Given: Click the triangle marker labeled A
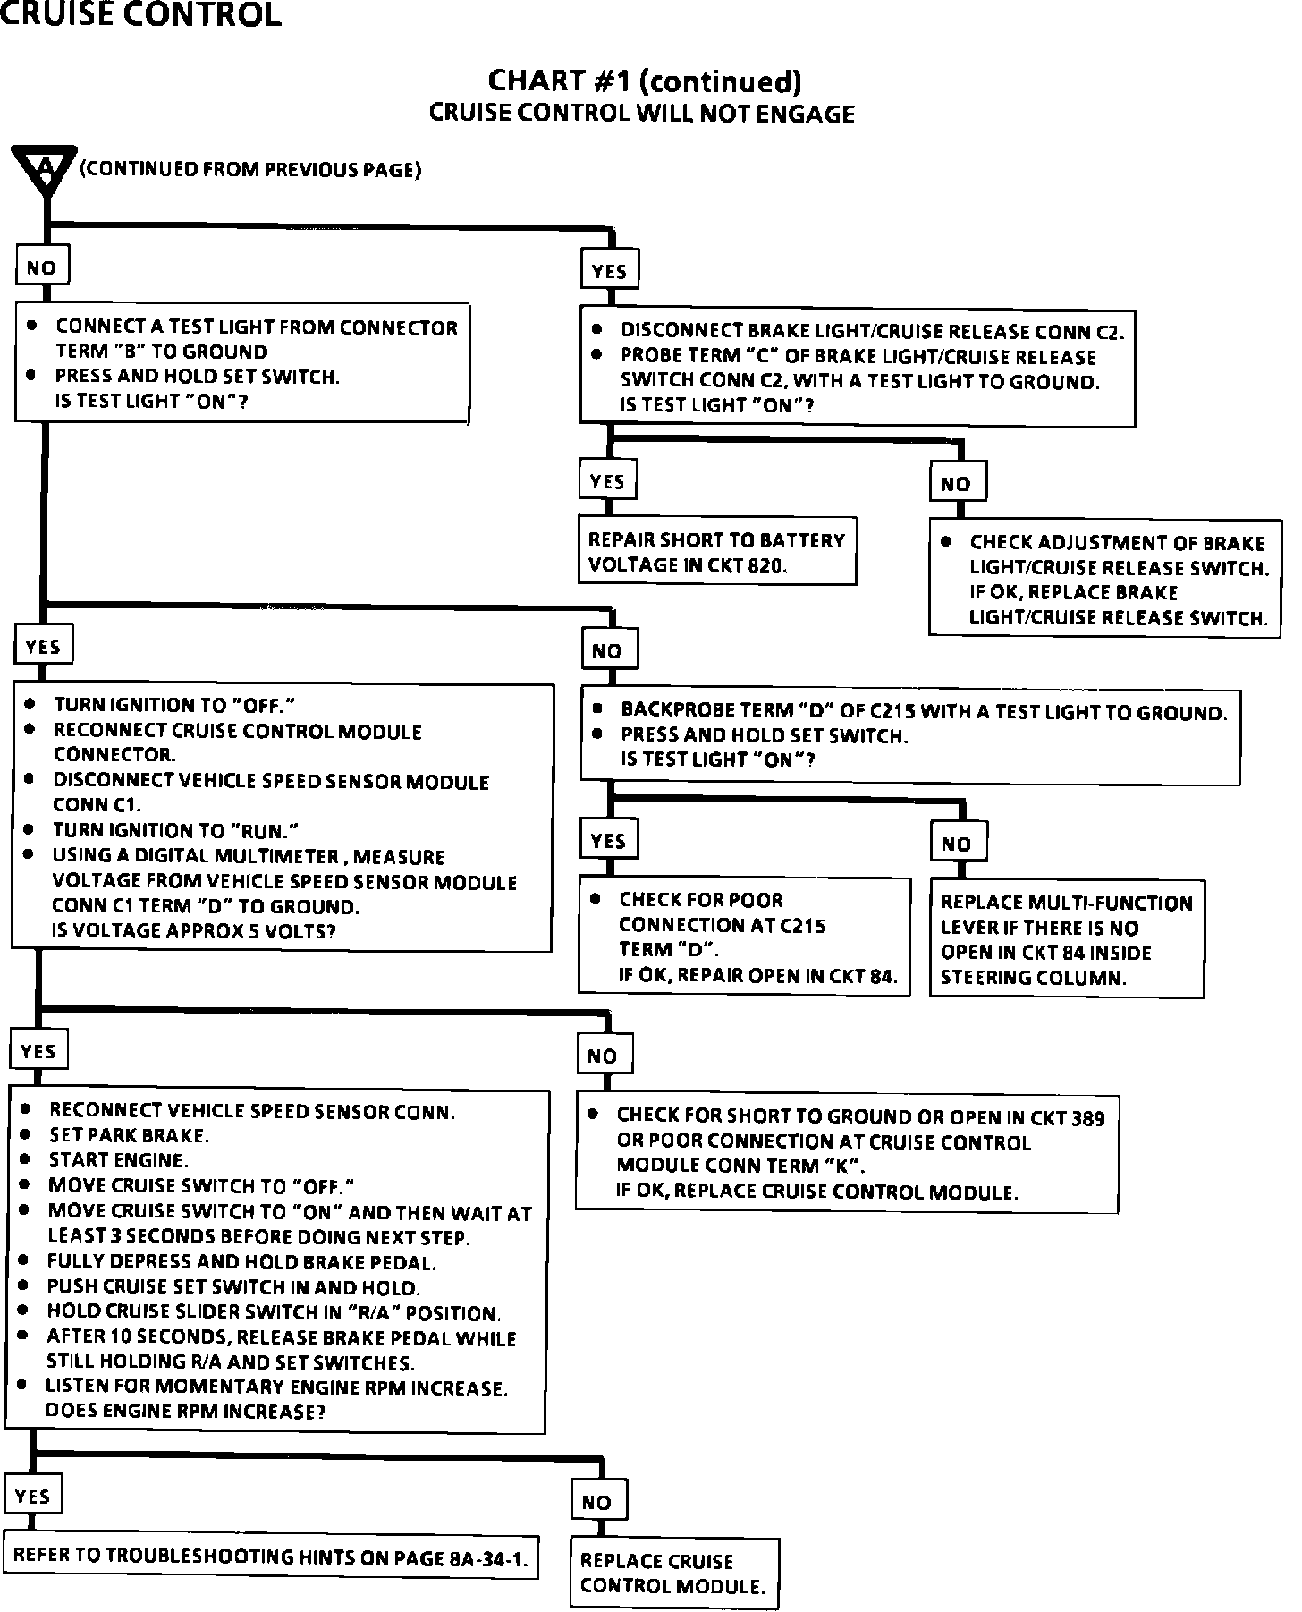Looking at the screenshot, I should [44, 169].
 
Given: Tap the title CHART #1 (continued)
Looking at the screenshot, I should [644, 81].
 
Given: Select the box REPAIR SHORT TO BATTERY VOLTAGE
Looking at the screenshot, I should [716, 551].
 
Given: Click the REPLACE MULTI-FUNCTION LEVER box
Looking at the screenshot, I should [1067, 939].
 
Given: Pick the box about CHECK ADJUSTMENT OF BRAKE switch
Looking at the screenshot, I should [1104, 580].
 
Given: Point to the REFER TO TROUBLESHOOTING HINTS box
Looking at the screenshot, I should [272, 1556].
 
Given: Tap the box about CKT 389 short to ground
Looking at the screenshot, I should [846, 1153].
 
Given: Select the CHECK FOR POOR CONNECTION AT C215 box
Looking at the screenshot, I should [744, 936].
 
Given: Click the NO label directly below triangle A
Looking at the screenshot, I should [41, 267].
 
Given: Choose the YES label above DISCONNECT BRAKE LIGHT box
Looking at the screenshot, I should [609, 271].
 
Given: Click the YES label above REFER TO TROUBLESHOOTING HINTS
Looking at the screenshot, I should [33, 1496].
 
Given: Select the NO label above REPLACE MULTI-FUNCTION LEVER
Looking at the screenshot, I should [956, 843].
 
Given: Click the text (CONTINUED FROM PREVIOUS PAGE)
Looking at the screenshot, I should [251, 169].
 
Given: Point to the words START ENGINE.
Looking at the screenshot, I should [118, 1160].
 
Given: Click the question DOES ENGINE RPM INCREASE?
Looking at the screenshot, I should [185, 1412].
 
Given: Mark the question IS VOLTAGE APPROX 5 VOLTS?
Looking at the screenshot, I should [194, 930].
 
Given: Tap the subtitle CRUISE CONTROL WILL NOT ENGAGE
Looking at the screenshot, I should [642, 114].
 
